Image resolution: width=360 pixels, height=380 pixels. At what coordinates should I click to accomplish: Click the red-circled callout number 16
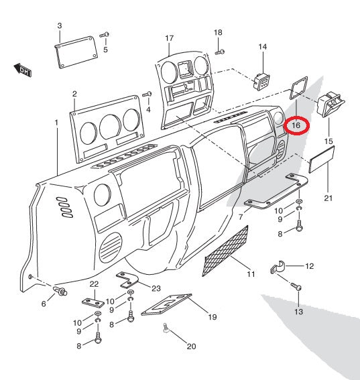[296, 125]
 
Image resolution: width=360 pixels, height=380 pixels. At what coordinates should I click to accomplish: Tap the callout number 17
[170, 38]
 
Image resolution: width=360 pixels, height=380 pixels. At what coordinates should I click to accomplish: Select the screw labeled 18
[220, 52]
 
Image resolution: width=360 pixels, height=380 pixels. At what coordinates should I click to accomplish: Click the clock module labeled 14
[261, 82]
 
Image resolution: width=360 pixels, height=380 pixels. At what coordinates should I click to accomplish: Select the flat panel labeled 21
[322, 160]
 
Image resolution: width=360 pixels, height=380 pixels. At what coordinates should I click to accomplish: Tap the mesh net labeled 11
[225, 251]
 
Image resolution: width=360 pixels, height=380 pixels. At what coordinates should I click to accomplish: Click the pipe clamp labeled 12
[278, 267]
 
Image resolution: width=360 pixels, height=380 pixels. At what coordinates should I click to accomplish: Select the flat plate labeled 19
[166, 305]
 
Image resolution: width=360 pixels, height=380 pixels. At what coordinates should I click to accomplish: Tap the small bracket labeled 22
[93, 302]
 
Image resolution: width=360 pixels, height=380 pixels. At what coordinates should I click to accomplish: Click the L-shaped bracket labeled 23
[127, 280]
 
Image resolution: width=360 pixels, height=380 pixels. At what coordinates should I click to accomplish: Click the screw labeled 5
[105, 35]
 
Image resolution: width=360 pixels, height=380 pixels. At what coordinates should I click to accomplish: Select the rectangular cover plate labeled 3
[76, 52]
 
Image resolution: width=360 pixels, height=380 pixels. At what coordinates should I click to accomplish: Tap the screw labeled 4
[147, 94]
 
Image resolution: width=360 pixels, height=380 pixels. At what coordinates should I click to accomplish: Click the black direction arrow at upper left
[22, 70]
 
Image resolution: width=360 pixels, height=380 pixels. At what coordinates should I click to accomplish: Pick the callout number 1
[56, 123]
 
